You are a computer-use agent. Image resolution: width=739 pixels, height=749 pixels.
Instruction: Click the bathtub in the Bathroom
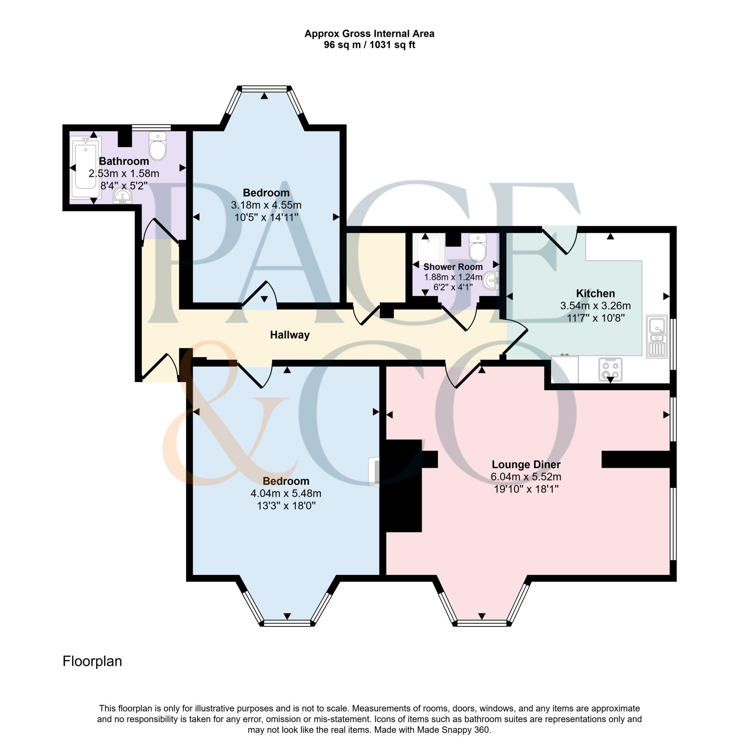pyautogui.click(x=85, y=168)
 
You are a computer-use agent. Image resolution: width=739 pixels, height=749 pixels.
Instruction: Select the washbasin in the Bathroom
pyautogui.click(x=122, y=196)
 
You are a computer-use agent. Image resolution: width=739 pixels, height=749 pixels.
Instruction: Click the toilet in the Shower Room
pyautogui.click(x=477, y=247)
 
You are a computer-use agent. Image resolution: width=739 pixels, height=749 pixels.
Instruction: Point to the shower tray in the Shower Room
pyautogui.click(x=428, y=248)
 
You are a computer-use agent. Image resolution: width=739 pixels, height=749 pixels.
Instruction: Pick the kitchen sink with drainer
pyautogui.click(x=656, y=336)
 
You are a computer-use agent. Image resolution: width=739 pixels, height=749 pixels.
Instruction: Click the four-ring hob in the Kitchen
pyautogui.click(x=610, y=369)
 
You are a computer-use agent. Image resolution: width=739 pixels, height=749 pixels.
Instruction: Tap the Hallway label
pyautogui.click(x=289, y=335)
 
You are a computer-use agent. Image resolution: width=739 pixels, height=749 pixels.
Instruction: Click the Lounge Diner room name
pyautogui.click(x=526, y=464)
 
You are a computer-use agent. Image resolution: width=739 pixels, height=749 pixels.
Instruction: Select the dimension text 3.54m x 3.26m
pyautogui.click(x=595, y=305)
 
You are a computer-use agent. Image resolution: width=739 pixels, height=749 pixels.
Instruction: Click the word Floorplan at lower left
pyautogui.click(x=92, y=661)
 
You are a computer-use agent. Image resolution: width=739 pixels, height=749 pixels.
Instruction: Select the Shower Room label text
pyautogui.click(x=452, y=267)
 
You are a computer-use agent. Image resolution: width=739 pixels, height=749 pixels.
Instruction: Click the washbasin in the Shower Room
pyautogui.click(x=491, y=280)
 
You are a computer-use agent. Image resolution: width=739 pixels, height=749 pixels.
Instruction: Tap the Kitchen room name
pyautogui.click(x=595, y=293)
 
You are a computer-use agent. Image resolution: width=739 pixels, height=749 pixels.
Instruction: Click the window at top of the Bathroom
pyautogui.click(x=151, y=127)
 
